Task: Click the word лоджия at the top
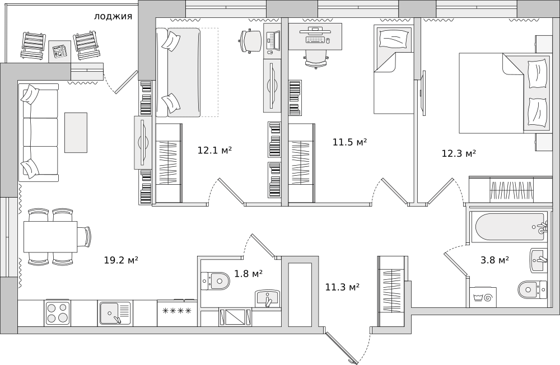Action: (113, 16)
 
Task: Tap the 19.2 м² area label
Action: (121, 260)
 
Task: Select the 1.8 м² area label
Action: (249, 274)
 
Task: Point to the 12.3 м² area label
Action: (459, 153)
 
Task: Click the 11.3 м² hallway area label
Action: (342, 287)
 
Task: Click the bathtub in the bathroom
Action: (508, 227)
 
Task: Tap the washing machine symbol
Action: (483, 297)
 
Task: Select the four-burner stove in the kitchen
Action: (58, 312)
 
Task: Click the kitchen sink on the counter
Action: (115, 313)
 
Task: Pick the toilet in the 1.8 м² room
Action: (214, 280)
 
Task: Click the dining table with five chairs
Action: (50, 236)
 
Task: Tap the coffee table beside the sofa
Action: (76, 133)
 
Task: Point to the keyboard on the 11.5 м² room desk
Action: (316, 40)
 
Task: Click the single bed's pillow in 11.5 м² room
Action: (393, 38)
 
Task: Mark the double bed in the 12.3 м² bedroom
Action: (504, 93)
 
